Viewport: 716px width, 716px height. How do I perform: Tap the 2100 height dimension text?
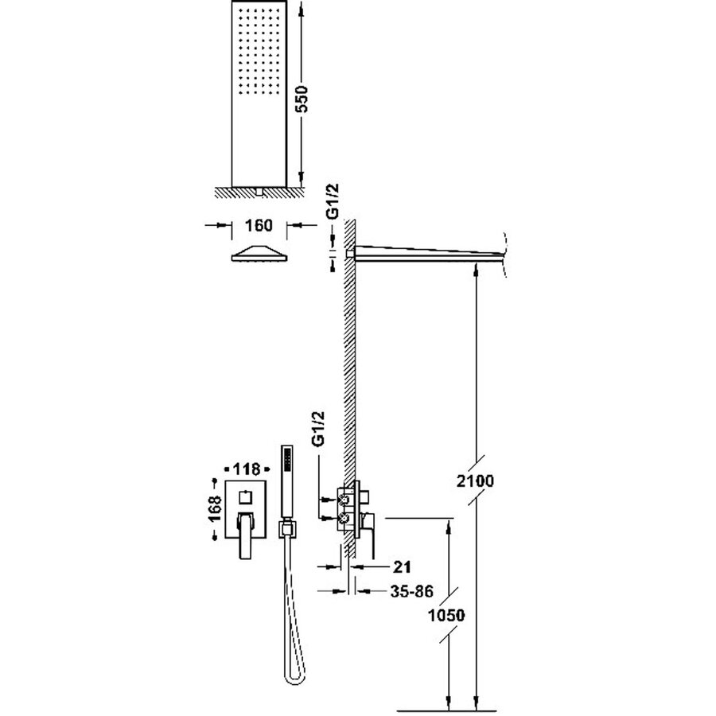pyautogui.click(x=477, y=481)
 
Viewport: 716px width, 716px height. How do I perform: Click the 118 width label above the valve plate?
pyautogui.click(x=245, y=468)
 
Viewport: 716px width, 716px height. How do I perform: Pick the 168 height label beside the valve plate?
pyautogui.click(x=213, y=510)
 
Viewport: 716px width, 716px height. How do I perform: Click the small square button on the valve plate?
pyautogui.click(x=245, y=496)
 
